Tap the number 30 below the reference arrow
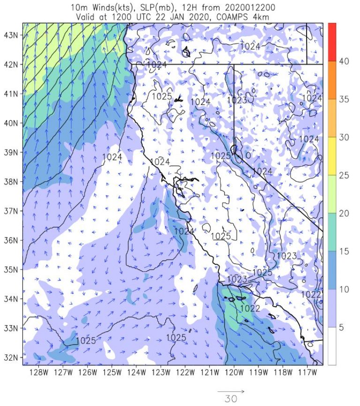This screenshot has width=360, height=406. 231,399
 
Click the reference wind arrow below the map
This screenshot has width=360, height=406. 231,391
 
